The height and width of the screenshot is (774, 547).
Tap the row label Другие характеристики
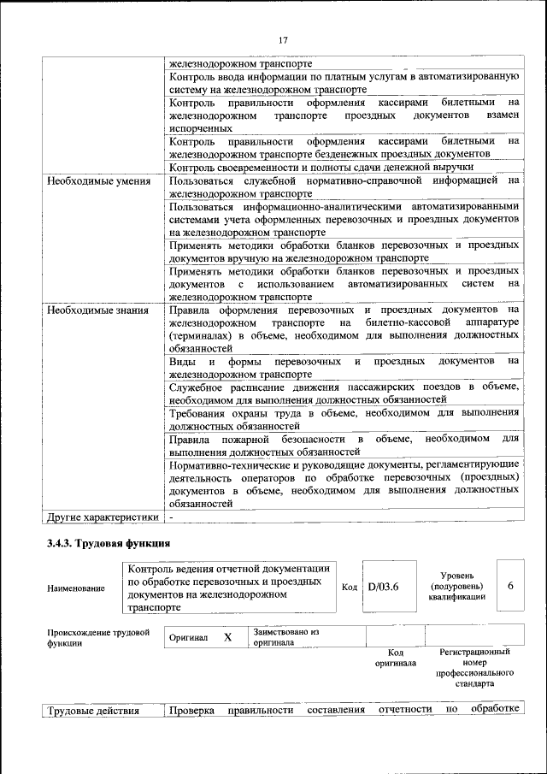coord(103,517)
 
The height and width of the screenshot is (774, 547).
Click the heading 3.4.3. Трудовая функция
coord(109,543)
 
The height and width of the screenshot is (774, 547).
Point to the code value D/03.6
coord(384,587)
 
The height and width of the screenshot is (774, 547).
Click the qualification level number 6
coord(510,586)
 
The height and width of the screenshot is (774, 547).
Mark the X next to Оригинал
coord(227,638)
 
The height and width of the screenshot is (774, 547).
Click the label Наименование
coord(77,588)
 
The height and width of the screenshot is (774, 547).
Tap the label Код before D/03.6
coord(349,588)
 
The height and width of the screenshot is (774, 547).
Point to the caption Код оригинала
coord(395,658)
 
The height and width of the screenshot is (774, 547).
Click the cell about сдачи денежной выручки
coord(321,167)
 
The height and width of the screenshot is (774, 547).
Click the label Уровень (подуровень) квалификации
coord(456,587)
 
